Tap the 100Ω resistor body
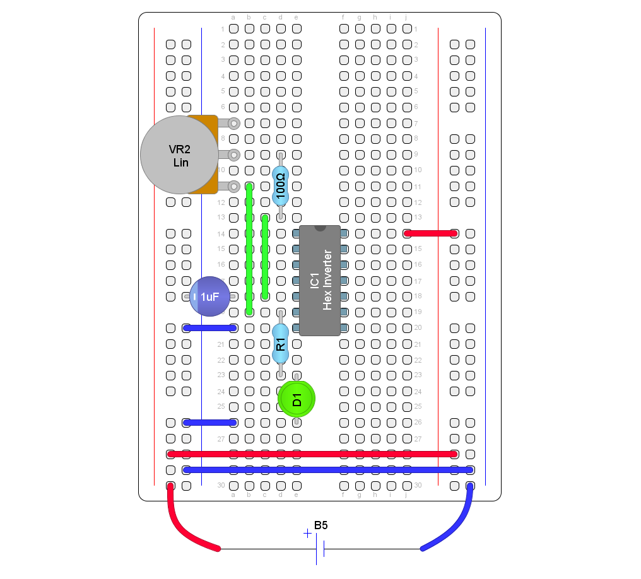[281, 186]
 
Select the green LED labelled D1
[297, 399]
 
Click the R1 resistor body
[281, 344]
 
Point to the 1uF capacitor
[210, 296]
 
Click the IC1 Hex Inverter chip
[320, 281]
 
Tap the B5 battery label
[320, 525]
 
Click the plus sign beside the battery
[307, 534]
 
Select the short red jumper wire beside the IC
[431, 233]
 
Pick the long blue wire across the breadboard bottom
[328, 470]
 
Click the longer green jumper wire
[250, 249]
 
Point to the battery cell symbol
[320, 549]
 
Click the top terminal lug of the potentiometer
[233, 123]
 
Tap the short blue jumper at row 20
[210, 328]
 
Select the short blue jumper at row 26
[210, 423]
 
